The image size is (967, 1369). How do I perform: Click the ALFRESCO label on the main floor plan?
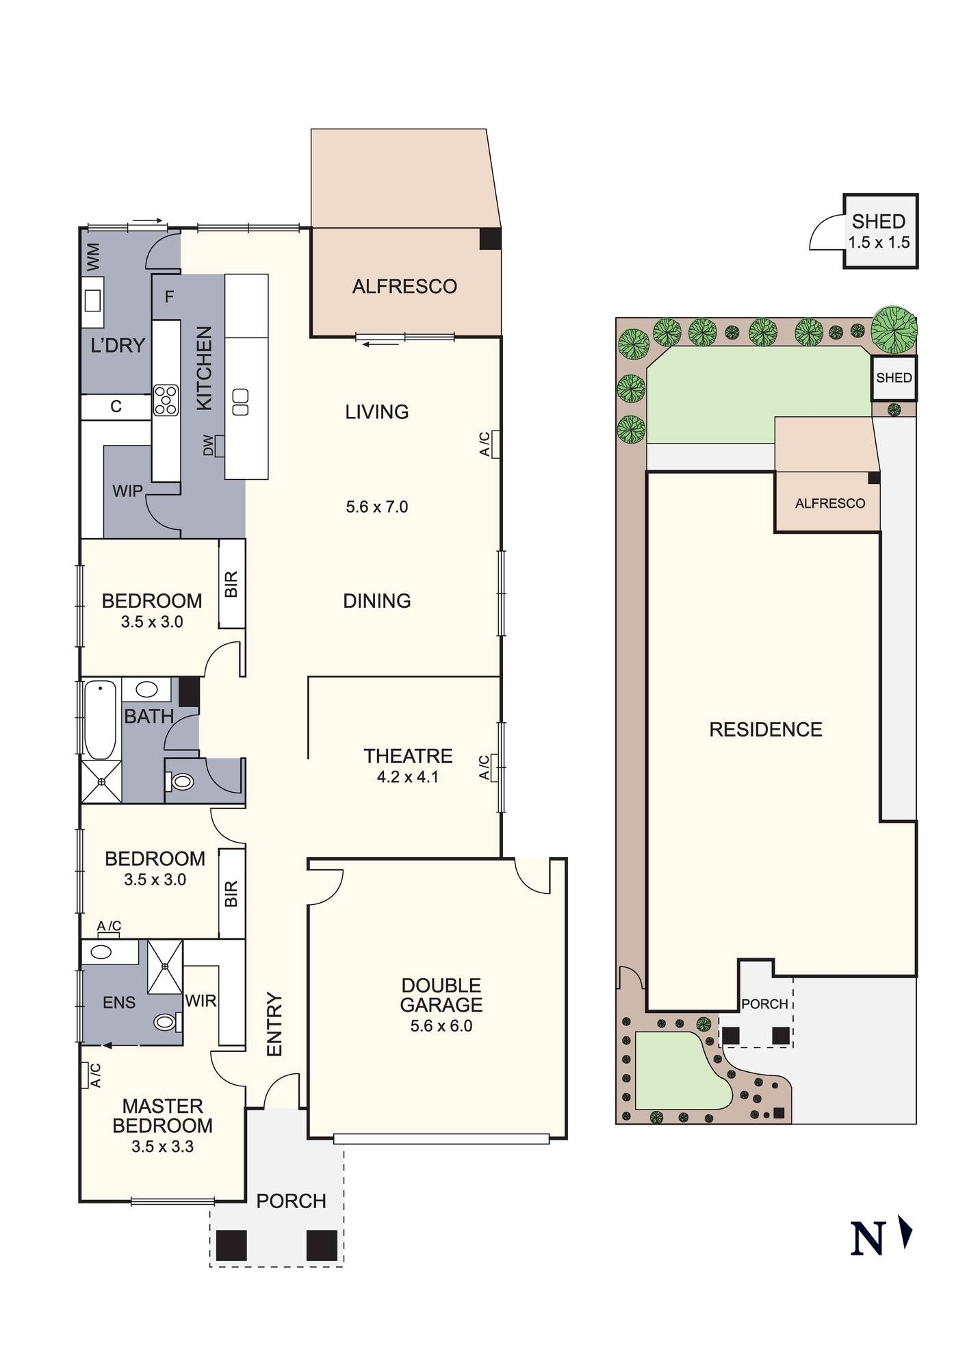pyautogui.click(x=404, y=286)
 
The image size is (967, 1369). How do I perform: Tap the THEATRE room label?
pyautogui.click(x=408, y=756)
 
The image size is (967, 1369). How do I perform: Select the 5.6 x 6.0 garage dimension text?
pyautogui.click(x=441, y=1025)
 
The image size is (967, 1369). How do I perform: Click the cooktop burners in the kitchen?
pyautogui.click(x=166, y=400)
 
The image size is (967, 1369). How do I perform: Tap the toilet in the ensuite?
pyautogui.click(x=165, y=1022)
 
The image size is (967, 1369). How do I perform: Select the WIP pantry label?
pyautogui.click(x=127, y=491)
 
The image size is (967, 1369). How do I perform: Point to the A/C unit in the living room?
pyautogui.click(x=494, y=444)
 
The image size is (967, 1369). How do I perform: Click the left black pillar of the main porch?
pyautogui.click(x=231, y=1245)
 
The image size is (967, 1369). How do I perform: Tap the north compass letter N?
pyautogui.click(x=867, y=1239)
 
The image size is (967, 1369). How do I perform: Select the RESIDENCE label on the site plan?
pyautogui.click(x=765, y=730)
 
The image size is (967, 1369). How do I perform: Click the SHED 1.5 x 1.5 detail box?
pyautogui.click(x=879, y=231)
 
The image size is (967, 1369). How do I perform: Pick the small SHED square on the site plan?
pyautogui.click(x=894, y=378)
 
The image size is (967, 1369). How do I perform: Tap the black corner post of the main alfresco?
pyautogui.click(x=490, y=239)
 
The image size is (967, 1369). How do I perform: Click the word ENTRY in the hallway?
pyautogui.click(x=274, y=1024)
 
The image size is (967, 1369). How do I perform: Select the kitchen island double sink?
pyautogui.click(x=240, y=402)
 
